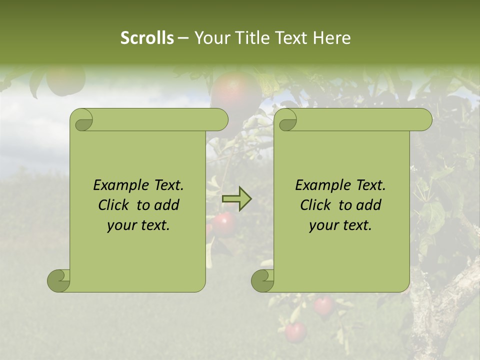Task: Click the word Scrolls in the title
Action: click(147, 38)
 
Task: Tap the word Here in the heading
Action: click(331, 38)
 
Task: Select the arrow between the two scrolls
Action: click(236, 199)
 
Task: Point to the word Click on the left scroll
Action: click(115, 205)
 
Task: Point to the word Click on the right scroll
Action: click(317, 205)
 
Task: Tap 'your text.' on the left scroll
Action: click(138, 225)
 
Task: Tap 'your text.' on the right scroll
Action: click(340, 225)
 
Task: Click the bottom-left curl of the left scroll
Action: click(59, 280)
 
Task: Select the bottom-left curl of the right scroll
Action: click(263, 280)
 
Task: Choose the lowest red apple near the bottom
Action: click(295, 332)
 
